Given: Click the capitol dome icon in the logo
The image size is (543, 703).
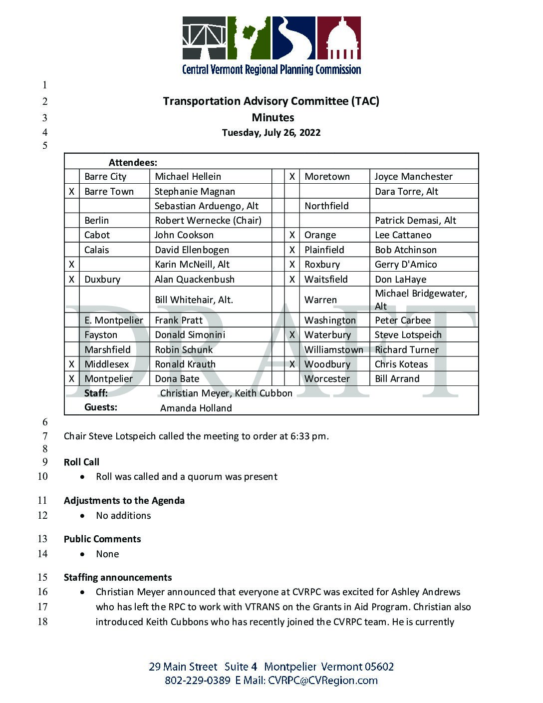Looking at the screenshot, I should pos(339,38).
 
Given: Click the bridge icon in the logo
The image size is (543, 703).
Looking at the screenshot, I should pos(204,38).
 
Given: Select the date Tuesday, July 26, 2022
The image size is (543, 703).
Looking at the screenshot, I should pos(271,133).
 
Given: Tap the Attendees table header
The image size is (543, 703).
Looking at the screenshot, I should pos(133,162).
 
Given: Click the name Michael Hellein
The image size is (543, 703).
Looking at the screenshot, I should pos(188,177).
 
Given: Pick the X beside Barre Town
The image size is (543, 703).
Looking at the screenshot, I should pos(72,192).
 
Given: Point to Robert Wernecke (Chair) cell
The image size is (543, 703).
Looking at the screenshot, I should pos(208,221).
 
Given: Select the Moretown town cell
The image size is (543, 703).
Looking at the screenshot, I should pos(327,177).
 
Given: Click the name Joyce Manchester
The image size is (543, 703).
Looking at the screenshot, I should pos(413,177).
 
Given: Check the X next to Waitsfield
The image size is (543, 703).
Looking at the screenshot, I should pos(292,280).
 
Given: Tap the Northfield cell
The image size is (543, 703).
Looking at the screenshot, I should pos(326,206).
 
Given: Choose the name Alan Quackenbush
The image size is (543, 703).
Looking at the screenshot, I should pos(194,280).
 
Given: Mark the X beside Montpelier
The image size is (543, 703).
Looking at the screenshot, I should pos(72,379).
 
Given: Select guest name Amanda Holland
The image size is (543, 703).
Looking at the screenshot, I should pos(196,408).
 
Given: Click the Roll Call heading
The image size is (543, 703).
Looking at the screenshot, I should pos(81,462).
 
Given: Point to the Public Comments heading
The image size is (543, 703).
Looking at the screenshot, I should pos(102,539).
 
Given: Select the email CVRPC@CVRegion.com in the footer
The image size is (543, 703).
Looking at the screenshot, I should pos(322,681).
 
